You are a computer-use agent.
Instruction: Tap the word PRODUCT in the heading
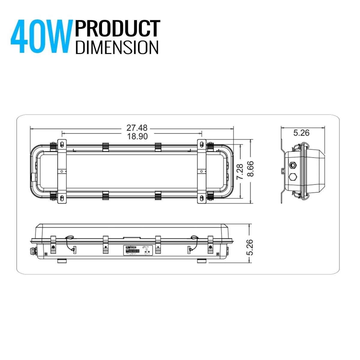(x=117, y=29)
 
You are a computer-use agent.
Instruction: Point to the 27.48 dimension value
(x=137, y=128)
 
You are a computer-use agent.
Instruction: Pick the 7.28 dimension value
(x=239, y=172)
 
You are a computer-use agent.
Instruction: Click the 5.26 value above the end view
(x=301, y=133)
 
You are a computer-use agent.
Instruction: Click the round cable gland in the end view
(x=292, y=165)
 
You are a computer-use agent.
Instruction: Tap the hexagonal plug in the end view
(x=292, y=176)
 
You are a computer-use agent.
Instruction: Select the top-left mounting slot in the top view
(x=62, y=144)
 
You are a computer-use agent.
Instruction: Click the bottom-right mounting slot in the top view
(x=201, y=198)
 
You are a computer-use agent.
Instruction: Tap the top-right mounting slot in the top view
(x=201, y=144)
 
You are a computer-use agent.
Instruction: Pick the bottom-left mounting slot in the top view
(x=62, y=198)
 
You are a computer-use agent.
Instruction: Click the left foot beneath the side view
(x=62, y=261)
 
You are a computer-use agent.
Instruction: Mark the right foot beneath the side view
(x=202, y=261)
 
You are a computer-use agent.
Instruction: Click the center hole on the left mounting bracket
(x=62, y=171)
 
